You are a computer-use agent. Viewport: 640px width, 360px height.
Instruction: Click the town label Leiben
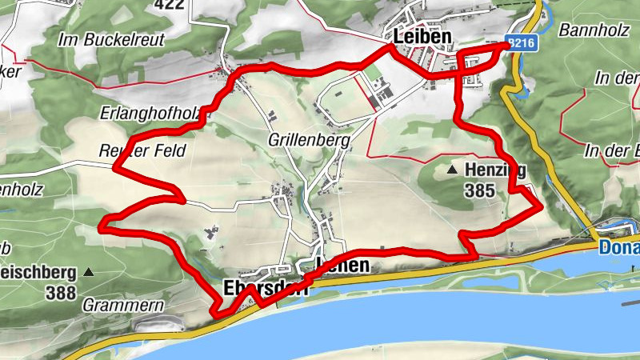tap(422, 37)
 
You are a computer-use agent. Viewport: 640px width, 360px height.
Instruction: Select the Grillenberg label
tap(311, 141)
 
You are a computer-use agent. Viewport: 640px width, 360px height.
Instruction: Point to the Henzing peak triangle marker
tap(452, 170)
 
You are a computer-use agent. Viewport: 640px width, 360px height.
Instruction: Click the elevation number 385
tap(478, 190)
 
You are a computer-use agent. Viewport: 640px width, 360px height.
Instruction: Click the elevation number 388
tap(60, 293)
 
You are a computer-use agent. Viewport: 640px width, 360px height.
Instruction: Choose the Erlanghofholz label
tap(150, 114)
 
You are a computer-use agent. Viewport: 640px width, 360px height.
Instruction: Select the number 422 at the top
tap(170, 5)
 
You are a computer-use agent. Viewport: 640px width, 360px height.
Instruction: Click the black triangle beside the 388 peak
tap(89, 272)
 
